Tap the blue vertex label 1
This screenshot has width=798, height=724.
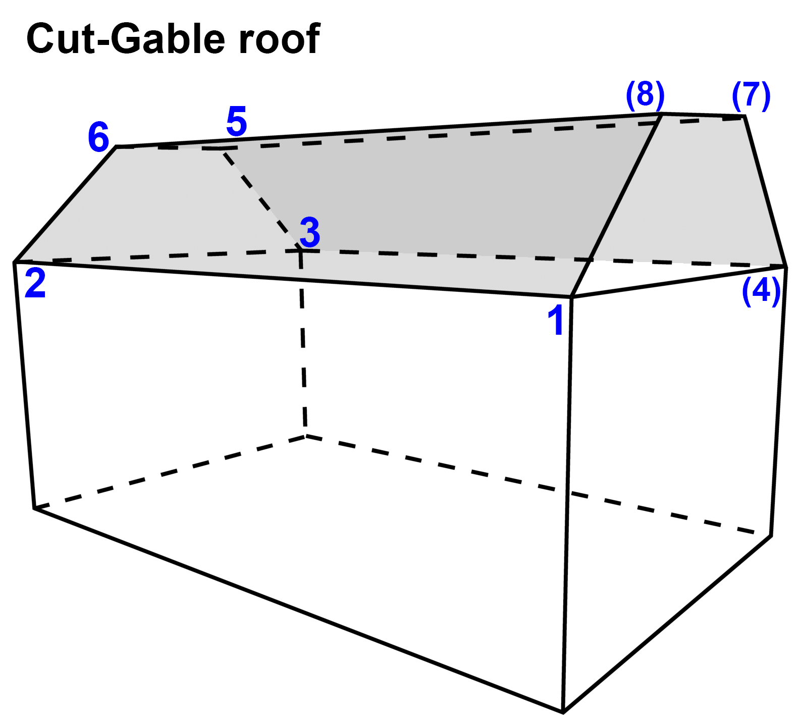click(x=556, y=320)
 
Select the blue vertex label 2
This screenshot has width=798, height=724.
click(x=35, y=283)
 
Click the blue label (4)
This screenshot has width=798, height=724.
click(x=761, y=291)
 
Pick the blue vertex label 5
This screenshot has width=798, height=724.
click(x=236, y=121)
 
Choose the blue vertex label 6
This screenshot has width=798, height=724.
click(x=98, y=137)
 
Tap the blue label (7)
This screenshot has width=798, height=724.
click(x=751, y=95)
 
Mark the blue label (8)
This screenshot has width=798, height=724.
click(x=645, y=94)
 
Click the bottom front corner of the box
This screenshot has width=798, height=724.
click(x=563, y=712)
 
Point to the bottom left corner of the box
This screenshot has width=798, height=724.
click(x=34, y=508)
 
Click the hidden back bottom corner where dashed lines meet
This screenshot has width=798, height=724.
click(x=305, y=436)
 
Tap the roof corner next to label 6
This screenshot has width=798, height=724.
click(x=117, y=147)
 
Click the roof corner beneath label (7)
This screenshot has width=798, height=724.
click(x=744, y=117)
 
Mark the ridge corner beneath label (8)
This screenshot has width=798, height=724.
click(x=662, y=114)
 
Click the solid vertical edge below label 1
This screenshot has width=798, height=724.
click(x=567, y=505)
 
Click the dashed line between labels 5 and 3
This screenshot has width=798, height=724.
click(x=260, y=198)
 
